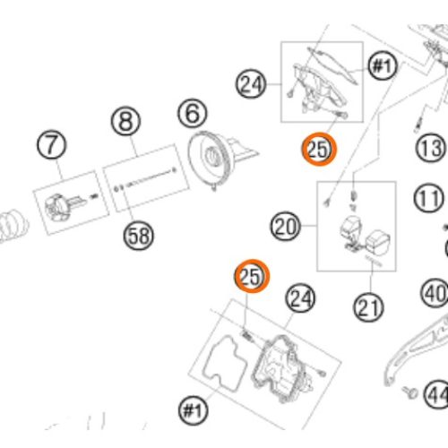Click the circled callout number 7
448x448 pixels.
coord(52,145)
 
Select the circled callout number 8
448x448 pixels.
coord(125,122)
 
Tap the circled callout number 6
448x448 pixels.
coord(193,114)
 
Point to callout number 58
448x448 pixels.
coord(139,236)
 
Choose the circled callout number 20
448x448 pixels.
coord(285,226)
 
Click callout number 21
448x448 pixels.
coord(368,307)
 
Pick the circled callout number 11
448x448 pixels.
coord(429,198)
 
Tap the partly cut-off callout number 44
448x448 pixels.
coord(436,395)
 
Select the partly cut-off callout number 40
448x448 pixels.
coord(435,294)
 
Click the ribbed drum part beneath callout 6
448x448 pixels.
coord(211,159)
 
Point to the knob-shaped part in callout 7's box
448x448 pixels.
coord(56,208)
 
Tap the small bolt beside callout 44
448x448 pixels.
coord(410,392)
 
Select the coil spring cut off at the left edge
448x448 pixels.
coord(13,226)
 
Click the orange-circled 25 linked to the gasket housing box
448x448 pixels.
coord(252,276)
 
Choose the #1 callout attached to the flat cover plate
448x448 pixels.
coord(383,66)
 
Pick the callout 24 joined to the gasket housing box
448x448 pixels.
coord(300,298)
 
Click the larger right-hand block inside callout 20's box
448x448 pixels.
coord(377,243)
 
